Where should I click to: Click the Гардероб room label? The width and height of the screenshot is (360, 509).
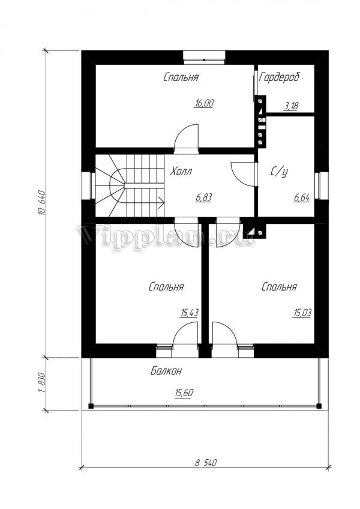coord(280,77)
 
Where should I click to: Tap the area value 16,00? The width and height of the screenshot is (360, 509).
coord(204,104)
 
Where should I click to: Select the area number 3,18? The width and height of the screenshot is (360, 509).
coord(290,106)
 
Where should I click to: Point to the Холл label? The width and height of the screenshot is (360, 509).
coord(181,171)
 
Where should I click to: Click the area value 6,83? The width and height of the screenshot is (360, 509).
coord(203,197)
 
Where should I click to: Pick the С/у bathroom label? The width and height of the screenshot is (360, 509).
coord(280,172)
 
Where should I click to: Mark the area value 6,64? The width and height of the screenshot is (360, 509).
coord(302,197)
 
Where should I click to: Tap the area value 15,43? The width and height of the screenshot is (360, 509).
coord(189,313)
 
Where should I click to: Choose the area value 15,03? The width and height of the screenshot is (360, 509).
coord(302,313)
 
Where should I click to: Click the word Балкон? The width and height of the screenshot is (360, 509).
coord(166,371)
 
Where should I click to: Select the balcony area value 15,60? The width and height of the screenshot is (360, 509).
coord(184,393)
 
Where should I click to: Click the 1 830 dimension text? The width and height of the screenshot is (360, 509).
coord(41,384)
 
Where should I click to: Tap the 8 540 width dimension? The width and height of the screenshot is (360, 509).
coord(206,462)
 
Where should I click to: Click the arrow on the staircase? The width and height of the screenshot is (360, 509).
coord(161,202)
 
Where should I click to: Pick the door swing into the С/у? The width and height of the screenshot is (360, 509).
coord(244,174)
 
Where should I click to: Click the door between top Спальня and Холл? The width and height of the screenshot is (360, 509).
coord(186,139)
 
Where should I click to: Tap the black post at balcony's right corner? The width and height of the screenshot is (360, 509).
coord(319,406)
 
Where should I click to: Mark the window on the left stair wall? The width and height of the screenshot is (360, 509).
coord(88,185)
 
